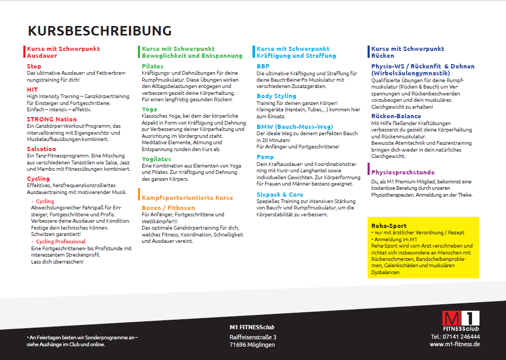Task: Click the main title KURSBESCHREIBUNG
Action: [x=100, y=30]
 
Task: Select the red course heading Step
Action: [x=34, y=66]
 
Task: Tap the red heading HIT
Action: [x=32, y=90]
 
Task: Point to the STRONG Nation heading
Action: [x=52, y=119]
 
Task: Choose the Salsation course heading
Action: [x=41, y=149]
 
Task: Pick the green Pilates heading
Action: [x=153, y=66]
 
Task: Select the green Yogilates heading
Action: [x=156, y=159]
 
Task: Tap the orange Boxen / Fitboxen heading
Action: [x=168, y=208]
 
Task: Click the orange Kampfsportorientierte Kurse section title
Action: [x=187, y=198]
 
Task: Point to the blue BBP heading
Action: [x=263, y=66]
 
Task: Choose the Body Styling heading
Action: [x=276, y=96]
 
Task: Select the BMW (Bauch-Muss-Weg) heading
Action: [x=294, y=127]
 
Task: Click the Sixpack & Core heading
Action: [x=280, y=195]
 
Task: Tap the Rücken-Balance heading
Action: [x=396, y=116]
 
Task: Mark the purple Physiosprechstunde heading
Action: [x=403, y=172]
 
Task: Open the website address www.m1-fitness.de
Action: [x=455, y=344]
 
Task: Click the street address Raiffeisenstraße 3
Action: [x=252, y=337]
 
